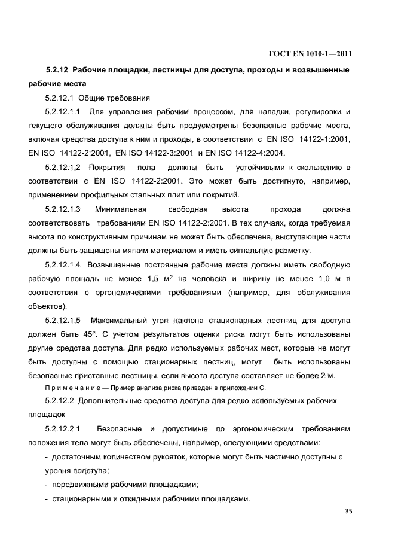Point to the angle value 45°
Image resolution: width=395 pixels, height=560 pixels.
(x=85, y=334)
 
